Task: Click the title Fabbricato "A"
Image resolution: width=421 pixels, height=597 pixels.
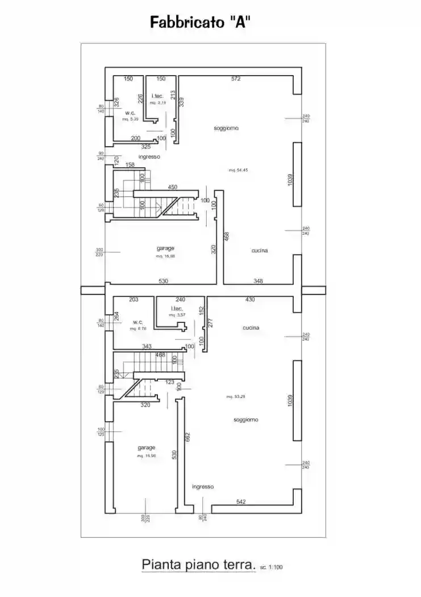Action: coord(201,22)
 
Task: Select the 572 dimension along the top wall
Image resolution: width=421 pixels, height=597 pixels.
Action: coord(236,78)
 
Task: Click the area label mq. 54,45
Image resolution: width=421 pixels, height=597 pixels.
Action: coord(238,170)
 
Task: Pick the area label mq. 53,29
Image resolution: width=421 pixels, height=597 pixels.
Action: coord(236,396)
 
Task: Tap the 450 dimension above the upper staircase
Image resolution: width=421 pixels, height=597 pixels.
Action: coord(173,186)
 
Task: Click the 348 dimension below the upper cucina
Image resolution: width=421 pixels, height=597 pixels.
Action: coord(259,280)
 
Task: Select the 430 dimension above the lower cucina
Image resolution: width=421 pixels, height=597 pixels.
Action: coord(249,299)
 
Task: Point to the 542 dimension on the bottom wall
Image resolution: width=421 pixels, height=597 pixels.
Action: coord(241,501)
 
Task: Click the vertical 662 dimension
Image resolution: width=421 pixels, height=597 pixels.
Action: coord(187,437)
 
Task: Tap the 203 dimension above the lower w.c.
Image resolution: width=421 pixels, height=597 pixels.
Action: coord(134,299)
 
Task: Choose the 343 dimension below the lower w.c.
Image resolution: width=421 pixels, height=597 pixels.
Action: coord(146,346)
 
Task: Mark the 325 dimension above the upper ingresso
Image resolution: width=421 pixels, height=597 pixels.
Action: coord(145,147)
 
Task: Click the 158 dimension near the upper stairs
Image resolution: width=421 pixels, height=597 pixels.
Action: coord(130,165)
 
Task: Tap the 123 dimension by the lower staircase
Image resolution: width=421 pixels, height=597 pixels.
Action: coord(170,382)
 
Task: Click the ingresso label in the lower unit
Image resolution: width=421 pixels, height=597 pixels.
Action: coord(203,487)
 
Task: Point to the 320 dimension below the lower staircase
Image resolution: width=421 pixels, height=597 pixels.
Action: coord(145,405)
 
